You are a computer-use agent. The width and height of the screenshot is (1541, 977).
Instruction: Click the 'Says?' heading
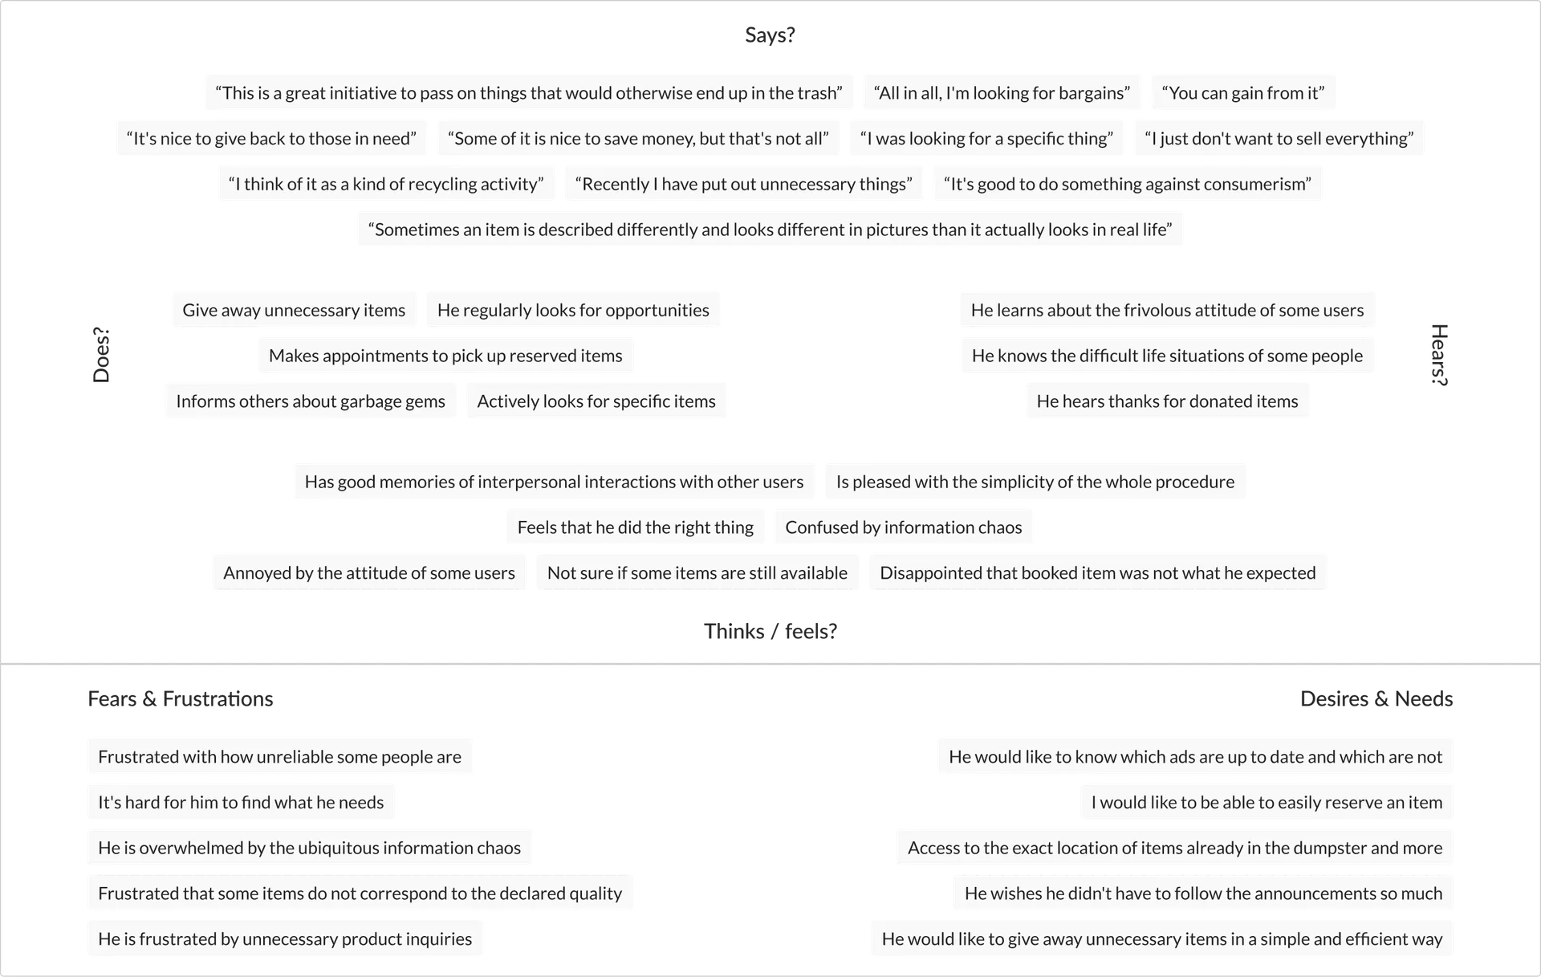coord(770,35)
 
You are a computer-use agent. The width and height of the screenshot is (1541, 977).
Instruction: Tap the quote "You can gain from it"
coord(1242,93)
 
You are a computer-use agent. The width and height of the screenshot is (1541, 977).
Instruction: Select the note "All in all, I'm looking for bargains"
coord(1001,93)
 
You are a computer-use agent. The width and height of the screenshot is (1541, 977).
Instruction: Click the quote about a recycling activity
coord(386,185)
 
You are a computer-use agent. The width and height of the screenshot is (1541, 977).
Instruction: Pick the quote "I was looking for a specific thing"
coord(986,139)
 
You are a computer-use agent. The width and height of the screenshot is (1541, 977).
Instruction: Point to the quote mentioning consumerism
coord(1127,185)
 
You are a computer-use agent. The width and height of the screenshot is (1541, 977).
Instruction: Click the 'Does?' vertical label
coord(100,355)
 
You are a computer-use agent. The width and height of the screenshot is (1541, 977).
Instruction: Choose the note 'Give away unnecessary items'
coord(294,311)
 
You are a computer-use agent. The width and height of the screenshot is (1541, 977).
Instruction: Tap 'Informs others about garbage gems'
coord(310,401)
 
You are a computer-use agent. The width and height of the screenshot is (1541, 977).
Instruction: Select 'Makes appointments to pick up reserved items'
coord(445,356)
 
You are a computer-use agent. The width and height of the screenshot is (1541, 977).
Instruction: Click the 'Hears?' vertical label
coord(1441,355)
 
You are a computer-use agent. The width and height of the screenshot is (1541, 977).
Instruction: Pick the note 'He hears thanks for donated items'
coord(1167,401)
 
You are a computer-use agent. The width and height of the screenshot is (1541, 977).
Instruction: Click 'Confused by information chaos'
coord(904,527)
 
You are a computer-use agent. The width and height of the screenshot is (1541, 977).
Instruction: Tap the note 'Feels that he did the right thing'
coord(635,527)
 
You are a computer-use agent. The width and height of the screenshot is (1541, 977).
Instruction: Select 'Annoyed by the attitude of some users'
coord(369,573)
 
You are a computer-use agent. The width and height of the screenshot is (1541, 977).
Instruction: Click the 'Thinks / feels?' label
coord(771,633)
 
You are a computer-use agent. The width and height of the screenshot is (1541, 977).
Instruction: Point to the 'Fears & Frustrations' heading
coord(179,700)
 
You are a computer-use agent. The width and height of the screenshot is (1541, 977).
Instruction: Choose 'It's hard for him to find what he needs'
coord(241,803)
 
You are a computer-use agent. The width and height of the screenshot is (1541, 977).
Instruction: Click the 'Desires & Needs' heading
coord(1376,700)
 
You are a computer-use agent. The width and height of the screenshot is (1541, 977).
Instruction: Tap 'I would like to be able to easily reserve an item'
coord(1267,803)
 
